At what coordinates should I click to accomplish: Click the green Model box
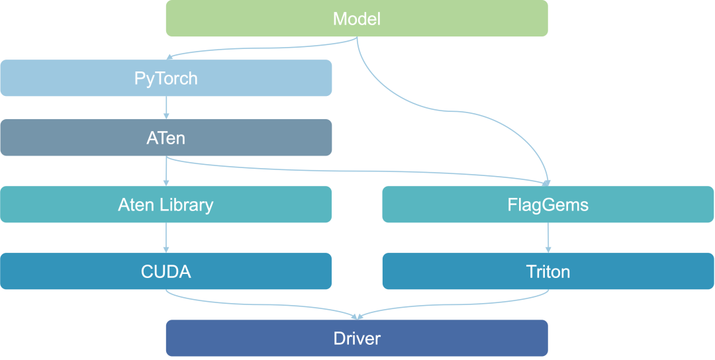point(357,19)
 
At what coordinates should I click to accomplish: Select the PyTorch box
point(166,78)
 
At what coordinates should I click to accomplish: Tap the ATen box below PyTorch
point(166,138)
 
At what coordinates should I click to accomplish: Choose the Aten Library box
point(166,204)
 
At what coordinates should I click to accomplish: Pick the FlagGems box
point(548,204)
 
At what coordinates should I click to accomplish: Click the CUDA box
point(166,271)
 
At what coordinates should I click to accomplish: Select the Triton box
point(548,271)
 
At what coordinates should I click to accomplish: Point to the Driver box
point(357,338)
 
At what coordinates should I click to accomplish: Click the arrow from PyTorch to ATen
point(166,108)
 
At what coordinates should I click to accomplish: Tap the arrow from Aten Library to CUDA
point(166,238)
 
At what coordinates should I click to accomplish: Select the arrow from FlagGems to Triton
point(548,238)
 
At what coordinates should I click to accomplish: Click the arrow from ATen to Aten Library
point(166,171)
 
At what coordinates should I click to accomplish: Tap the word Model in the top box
point(357,19)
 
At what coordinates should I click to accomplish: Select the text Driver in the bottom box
point(357,339)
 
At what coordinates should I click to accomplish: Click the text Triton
point(548,272)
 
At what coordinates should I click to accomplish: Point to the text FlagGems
point(548,206)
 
